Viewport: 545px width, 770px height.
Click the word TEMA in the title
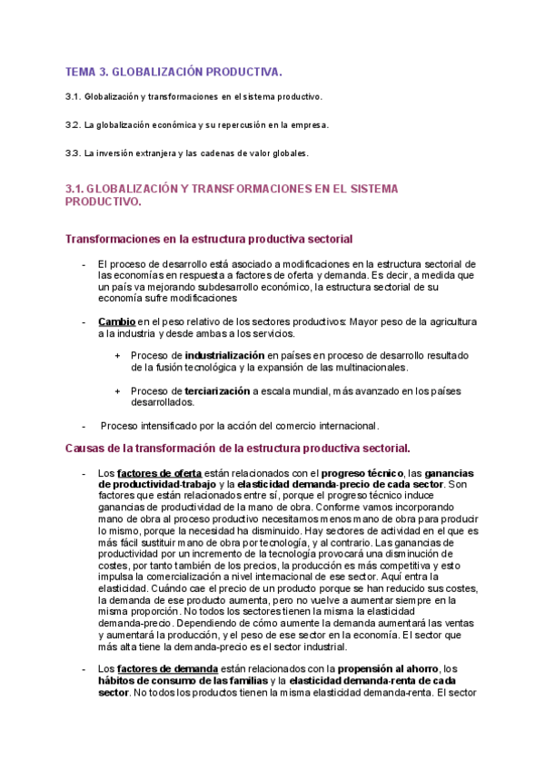coord(81,71)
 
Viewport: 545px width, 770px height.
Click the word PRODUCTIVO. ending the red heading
coord(104,202)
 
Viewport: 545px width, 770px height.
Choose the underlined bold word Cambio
coord(116,321)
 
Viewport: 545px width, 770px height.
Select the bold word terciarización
coord(217,390)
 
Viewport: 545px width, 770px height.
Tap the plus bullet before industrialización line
coord(117,355)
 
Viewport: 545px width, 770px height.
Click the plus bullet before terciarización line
coord(117,390)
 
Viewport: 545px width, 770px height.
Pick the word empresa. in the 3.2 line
coord(309,124)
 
